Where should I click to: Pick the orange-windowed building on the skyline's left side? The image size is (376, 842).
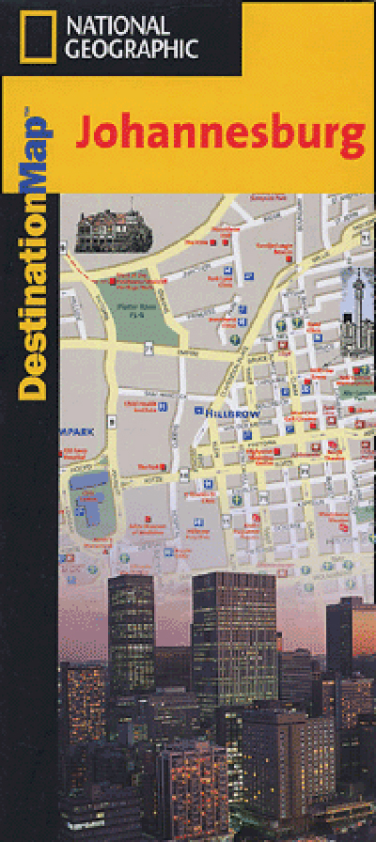85,705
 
